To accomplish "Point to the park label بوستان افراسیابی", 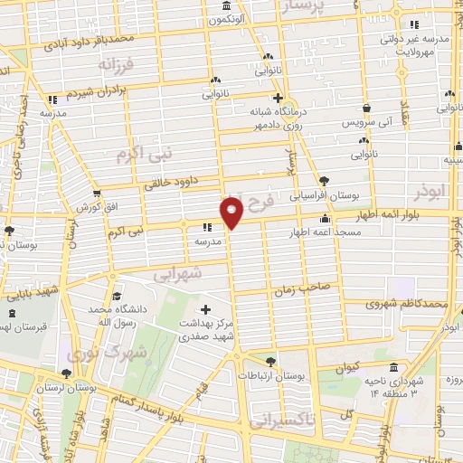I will coord(344,194).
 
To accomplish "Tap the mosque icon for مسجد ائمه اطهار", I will coord(325,219).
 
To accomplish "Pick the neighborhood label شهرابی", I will coord(176,271).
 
